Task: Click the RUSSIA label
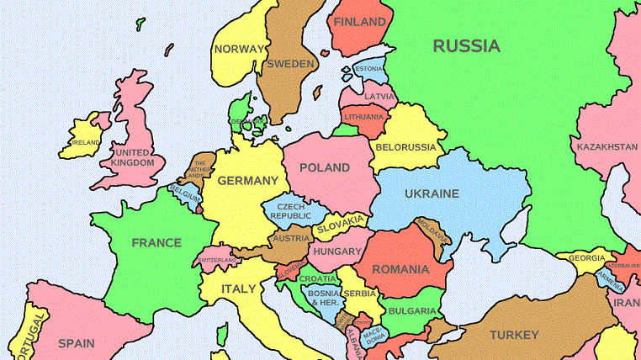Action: tap(466, 46)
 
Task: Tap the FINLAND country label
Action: tap(359, 23)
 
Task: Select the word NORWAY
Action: tap(239, 49)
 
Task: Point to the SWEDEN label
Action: tap(290, 64)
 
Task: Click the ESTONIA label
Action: tap(368, 68)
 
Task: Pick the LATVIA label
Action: tap(379, 96)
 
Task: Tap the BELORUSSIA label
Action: tap(406, 147)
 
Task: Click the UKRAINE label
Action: tap(432, 193)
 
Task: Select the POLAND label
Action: tap(325, 167)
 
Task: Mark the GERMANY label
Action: tap(247, 181)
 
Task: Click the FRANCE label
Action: tap(156, 242)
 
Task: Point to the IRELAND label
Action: tap(85, 143)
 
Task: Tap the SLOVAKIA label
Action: tap(341, 224)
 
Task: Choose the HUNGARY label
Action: tap(336, 251)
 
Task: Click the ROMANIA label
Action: tap(402, 271)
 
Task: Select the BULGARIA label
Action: tap(412, 311)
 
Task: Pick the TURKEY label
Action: tap(514, 335)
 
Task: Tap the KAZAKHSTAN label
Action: tap(607, 147)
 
